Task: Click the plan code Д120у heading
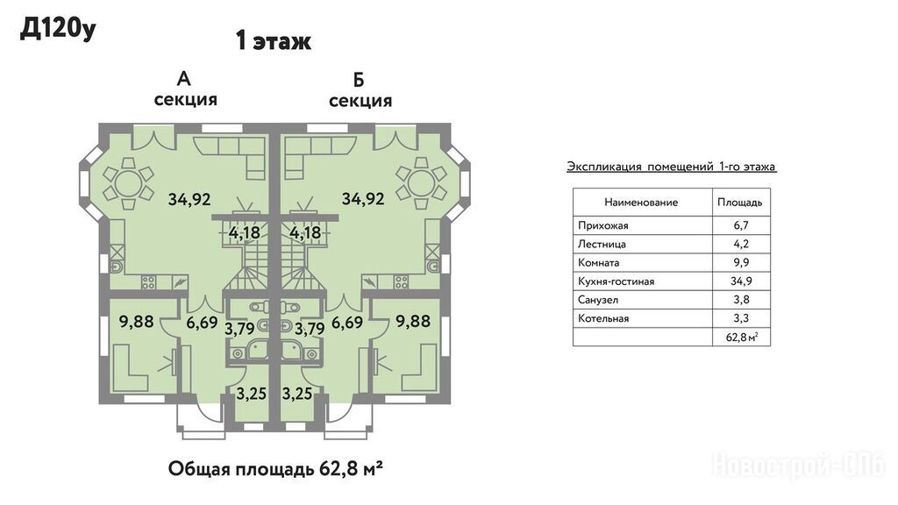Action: pos(58,30)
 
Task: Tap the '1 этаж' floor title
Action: pos(274,41)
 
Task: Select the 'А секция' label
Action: pos(185,89)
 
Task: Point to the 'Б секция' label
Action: pos(360,90)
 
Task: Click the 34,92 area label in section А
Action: pos(189,199)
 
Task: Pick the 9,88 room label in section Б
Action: pos(413,321)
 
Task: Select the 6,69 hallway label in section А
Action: pos(203,323)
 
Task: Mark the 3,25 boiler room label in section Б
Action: pos(297,394)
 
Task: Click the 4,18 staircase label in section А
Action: pos(245,233)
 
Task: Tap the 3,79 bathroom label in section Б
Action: pos(310,330)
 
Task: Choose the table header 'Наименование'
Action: pos(641,203)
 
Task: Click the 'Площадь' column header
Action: pos(740,203)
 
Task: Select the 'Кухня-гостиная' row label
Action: pos(616,281)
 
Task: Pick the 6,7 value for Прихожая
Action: pos(741,225)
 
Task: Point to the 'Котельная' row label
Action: pos(603,318)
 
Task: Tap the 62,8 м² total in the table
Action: pos(742,337)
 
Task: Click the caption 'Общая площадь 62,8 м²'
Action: pos(275,469)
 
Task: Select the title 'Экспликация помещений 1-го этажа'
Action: pos(671,167)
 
